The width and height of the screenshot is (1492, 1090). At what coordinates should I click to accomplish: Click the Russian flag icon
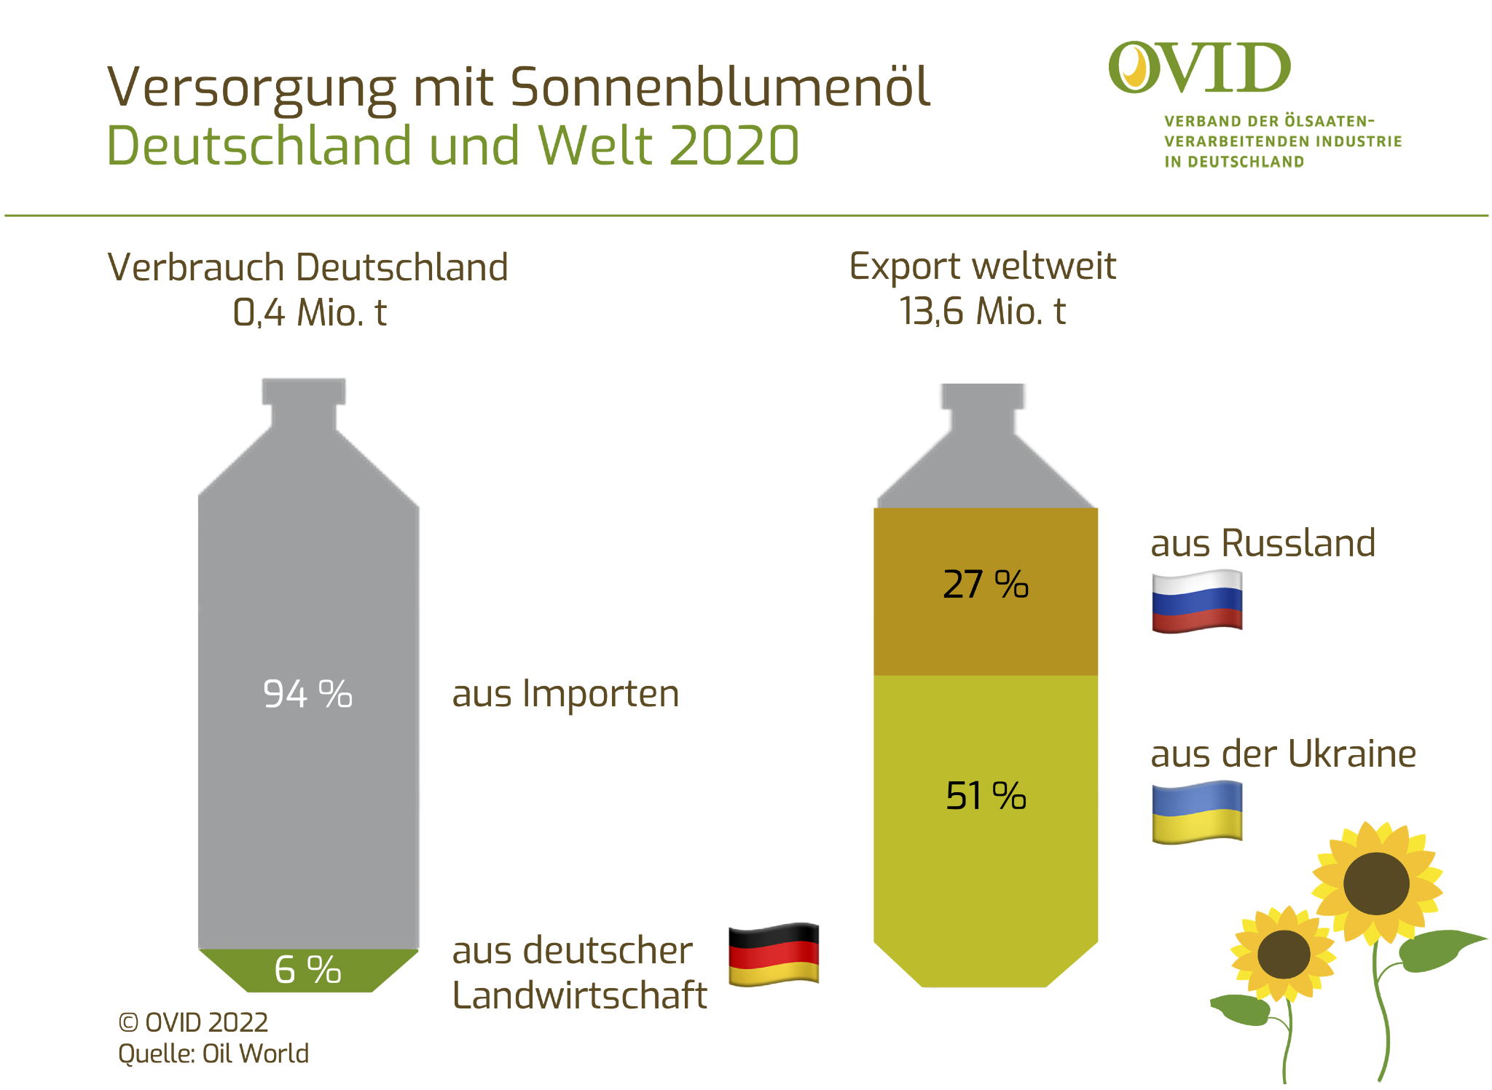1196,601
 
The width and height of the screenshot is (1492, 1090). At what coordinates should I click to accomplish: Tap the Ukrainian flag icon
1196,812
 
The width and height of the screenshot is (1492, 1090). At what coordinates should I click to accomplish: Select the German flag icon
774,954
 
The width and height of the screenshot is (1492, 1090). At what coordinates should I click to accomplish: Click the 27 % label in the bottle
985,585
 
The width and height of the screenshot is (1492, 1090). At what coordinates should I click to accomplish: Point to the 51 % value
985,796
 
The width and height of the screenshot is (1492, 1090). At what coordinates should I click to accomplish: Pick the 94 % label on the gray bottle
307,694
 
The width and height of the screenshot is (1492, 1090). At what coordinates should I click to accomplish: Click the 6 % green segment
307,970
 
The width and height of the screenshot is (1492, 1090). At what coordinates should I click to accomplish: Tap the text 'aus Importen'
565,694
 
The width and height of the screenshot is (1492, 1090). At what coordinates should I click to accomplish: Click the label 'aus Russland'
1263,543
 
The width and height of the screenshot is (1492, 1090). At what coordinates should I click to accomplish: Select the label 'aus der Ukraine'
1283,754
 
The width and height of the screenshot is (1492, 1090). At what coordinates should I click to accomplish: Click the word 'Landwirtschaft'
579,995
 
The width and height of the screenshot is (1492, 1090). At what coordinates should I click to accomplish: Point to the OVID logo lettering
1200,68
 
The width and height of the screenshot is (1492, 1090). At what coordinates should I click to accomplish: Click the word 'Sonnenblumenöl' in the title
720,87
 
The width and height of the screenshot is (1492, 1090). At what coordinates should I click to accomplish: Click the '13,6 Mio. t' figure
982,312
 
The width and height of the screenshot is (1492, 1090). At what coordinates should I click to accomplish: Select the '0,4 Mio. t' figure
310,313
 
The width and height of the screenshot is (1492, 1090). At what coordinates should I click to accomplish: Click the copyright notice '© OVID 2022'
193,1023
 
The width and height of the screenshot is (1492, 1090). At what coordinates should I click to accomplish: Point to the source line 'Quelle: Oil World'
213,1054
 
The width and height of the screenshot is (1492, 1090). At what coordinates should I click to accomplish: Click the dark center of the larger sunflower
1375,883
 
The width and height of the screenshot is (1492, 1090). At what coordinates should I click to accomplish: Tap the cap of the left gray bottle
304,391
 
